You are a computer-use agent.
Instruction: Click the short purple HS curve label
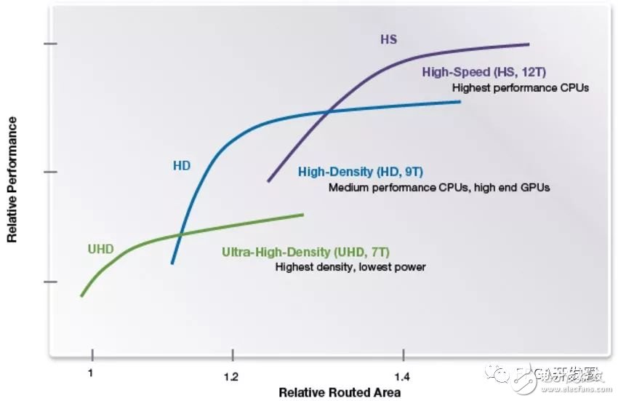click(x=389, y=39)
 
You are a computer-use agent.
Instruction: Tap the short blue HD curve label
click(x=181, y=165)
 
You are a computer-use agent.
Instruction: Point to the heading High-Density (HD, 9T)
click(x=361, y=172)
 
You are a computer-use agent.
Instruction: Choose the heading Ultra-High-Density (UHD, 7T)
click(x=305, y=253)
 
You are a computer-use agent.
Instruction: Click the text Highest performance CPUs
click(x=520, y=87)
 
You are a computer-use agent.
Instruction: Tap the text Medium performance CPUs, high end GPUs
click(x=438, y=187)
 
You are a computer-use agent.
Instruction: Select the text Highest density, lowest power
click(x=350, y=267)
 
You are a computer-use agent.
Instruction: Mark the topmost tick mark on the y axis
click(x=50, y=44)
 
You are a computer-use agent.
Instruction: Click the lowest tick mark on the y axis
click(x=50, y=282)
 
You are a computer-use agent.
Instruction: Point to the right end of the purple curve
click(x=529, y=44)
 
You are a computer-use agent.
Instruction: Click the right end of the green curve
click(x=302, y=214)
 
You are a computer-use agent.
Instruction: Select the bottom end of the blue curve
click(x=172, y=263)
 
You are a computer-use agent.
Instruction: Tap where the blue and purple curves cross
click(x=329, y=111)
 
